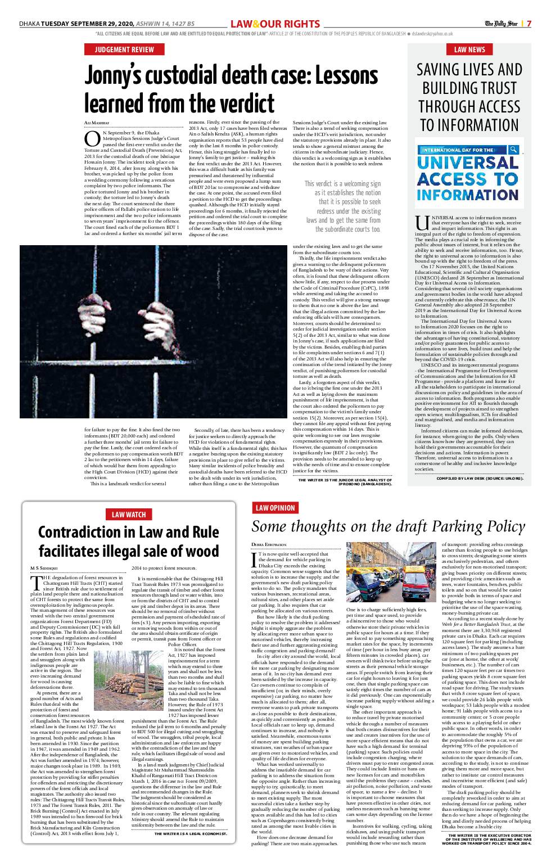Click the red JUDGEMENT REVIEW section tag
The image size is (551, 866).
pyautogui.click(x=124, y=49)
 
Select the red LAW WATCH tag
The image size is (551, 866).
pyautogui.click(x=129, y=514)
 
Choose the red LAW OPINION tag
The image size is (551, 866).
pyautogui.click(x=275, y=508)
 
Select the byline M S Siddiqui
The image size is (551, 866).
pyautogui.click(x=43, y=569)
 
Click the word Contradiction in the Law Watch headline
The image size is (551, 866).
pyautogui.click(x=83, y=531)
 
